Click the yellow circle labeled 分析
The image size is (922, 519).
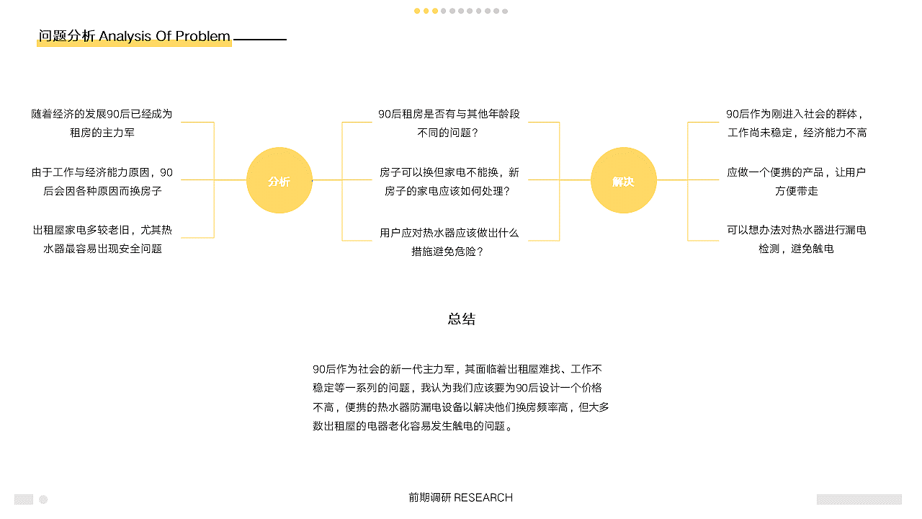(x=279, y=180)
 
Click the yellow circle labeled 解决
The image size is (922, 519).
(x=623, y=180)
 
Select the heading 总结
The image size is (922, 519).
(x=462, y=319)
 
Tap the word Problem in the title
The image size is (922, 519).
(x=203, y=36)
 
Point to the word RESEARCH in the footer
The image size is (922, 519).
(x=483, y=497)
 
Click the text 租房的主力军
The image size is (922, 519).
(x=102, y=133)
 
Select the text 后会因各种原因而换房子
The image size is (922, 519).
(x=102, y=191)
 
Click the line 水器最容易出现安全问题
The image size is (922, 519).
(x=102, y=249)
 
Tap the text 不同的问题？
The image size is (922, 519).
(x=448, y=133)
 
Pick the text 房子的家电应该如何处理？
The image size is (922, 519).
(x=448, y=191)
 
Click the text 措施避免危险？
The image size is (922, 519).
(x=448, y=252)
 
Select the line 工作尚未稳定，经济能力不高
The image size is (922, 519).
(x=797, y=133)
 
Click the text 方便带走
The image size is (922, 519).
(x=797, y=191)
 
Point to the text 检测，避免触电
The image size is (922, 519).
(x=797, y=249)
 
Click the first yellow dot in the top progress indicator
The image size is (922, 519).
(x=417, y=11)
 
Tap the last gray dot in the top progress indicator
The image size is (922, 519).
(x=505, y=11)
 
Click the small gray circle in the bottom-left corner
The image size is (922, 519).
(x=43, y=499)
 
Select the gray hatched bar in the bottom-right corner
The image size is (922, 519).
(x=859, y=499)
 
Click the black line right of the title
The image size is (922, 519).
(x=260, y=40)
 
